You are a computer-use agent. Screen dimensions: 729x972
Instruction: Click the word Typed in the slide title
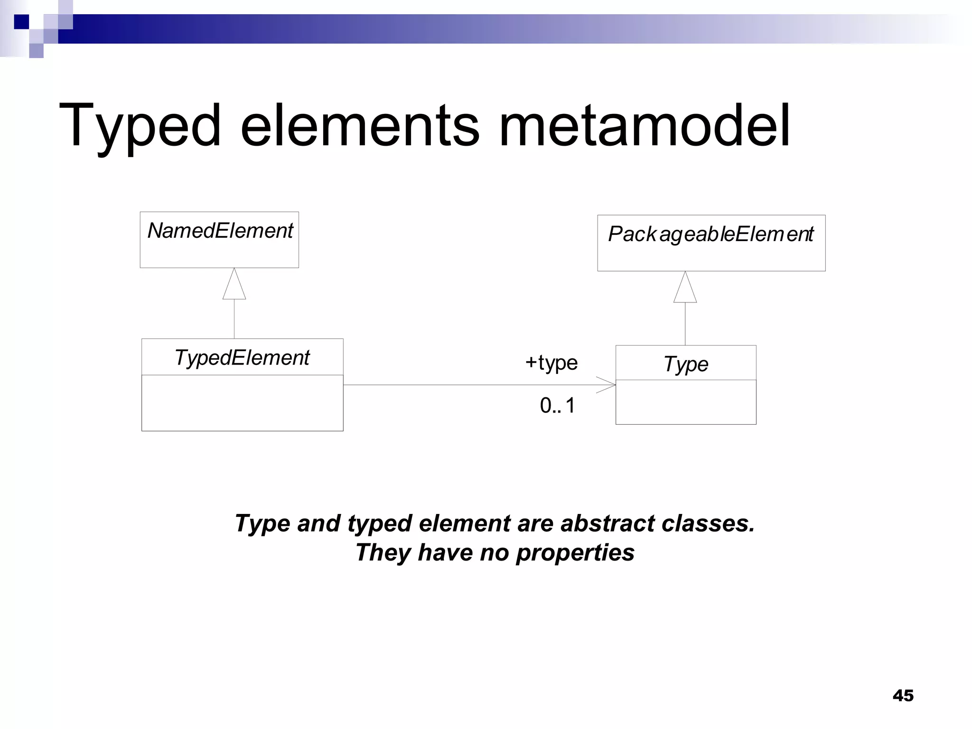(140, 126)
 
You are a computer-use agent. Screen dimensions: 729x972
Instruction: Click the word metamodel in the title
(644, 126)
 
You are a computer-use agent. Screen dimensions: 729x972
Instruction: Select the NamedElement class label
(220, 231)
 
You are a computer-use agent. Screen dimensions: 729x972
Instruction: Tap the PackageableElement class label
(710, 234)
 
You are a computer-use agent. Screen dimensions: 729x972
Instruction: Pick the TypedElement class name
(242, 358)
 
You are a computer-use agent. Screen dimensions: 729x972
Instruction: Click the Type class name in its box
(686, 364)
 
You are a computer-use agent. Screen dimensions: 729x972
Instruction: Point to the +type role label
(551, 363)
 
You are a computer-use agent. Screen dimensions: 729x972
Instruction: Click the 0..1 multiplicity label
(557, 406)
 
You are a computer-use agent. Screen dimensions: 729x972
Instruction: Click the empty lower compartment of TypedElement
(242, 403)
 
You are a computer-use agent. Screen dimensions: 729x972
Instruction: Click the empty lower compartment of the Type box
(686, 402)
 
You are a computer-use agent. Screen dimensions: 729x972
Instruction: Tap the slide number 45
(903, 696)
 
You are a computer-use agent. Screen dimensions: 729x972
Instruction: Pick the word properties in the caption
(575, 553)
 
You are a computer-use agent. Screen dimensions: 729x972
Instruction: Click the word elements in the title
(360, 126)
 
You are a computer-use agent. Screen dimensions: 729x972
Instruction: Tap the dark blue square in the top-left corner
(21, 22)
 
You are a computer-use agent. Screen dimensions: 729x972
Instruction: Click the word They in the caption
(383, 553)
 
